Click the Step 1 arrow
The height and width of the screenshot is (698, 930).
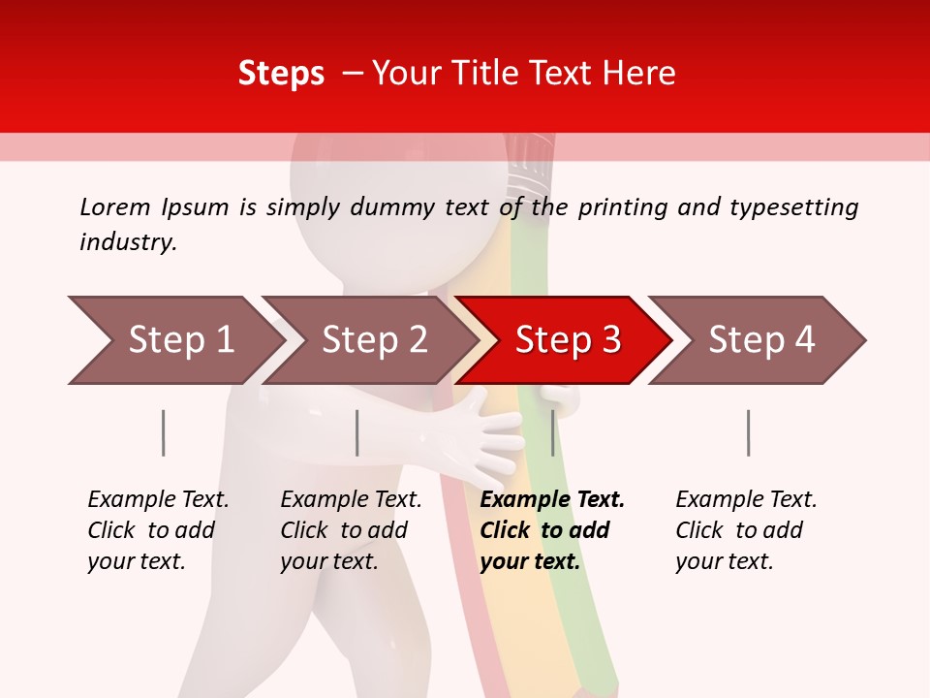(x=174, y=340)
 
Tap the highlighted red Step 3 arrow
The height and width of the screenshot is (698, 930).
(x=567, y=340)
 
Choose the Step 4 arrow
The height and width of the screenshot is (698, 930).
(x=760, y=340)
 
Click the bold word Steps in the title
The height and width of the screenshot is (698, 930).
(x=281, y=73)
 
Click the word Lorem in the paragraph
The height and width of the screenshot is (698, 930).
(x=113, y=206)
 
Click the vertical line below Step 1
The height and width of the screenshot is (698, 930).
(x=164, y=432)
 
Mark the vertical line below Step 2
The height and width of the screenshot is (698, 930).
(x=357, y=432)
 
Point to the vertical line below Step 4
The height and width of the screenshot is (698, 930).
(x=749, y=432)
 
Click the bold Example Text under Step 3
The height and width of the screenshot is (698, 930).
(x=552, y=499)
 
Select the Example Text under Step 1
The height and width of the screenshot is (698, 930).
(x=158, y=499)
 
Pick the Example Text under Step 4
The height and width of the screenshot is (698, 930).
(x=746, y=499)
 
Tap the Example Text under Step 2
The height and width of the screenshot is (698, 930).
(x=351, y=499)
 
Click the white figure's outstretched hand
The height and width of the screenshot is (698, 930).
(x=489, y=436)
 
